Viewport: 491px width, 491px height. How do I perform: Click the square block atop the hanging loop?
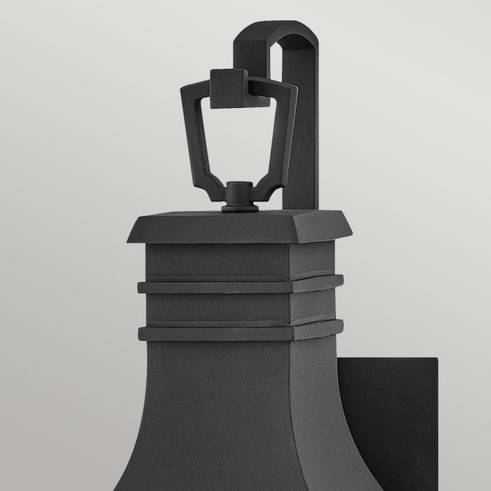click(x=229, y=88)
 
